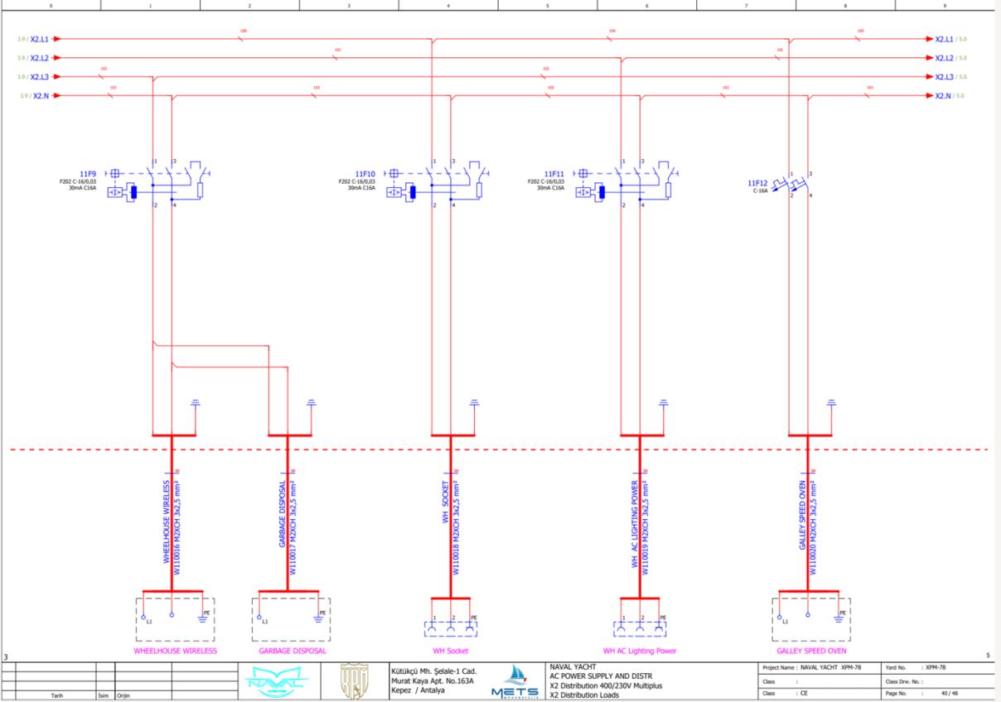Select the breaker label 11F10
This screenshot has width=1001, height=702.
[x=367, y=174]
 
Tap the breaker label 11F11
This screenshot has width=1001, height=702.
[x=556, y=174]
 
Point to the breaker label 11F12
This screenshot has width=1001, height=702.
[x=757, y=183]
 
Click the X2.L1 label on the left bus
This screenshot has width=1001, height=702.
[x=40, y=39]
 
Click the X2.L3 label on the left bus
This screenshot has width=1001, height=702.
[x=40, y=77]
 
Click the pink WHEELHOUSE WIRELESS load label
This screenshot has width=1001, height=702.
[x=175, y=651]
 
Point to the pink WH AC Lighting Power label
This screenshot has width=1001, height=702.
[x=640, y=651]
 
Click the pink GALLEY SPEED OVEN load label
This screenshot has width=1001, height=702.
[x=812, y=651]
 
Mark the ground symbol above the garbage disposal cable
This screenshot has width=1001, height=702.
[x=312, y=404]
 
